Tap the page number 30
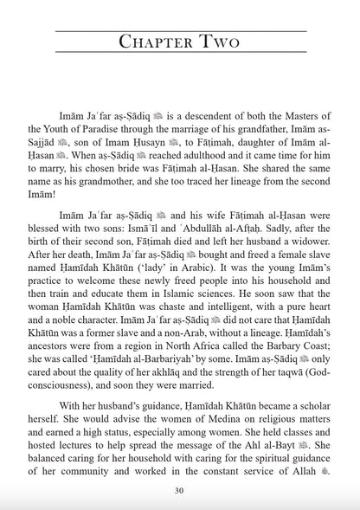coord(179,490)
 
